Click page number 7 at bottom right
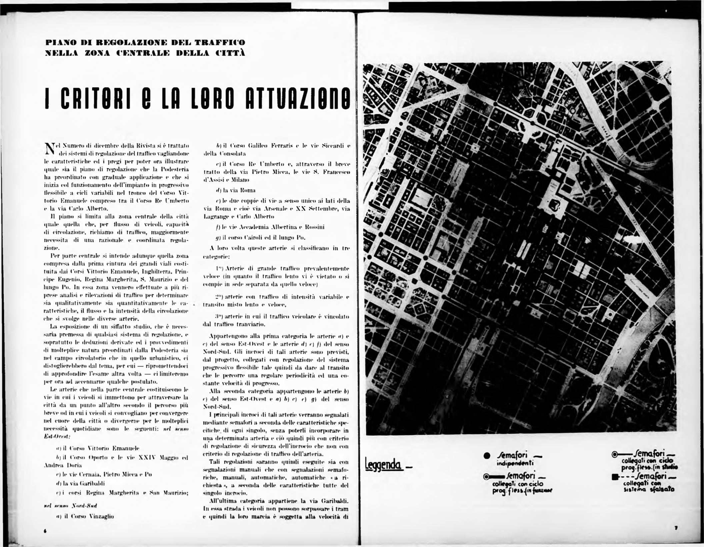point(674,528)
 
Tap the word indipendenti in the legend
point(515,463)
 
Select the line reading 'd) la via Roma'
point(236,191)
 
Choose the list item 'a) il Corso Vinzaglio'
point(85,516)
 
